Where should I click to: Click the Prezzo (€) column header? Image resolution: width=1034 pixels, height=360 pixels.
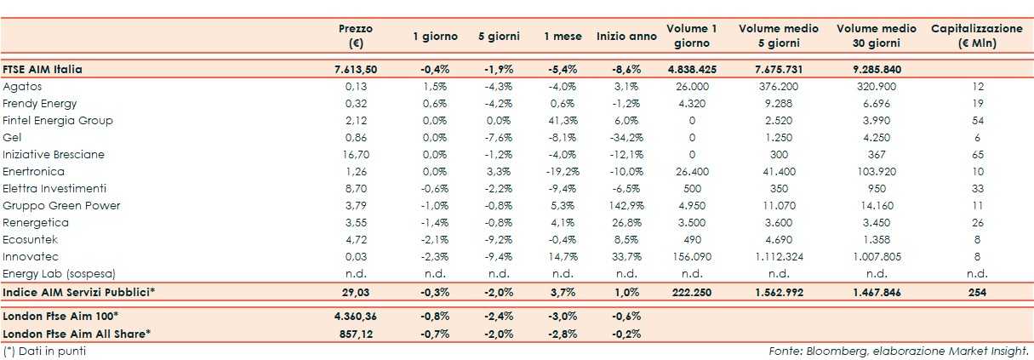355,36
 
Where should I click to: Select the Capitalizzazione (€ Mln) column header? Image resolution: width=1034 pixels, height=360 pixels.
976,36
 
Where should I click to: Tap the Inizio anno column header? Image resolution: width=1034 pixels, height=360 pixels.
626,37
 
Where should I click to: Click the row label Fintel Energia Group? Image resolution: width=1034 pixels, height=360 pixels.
58,120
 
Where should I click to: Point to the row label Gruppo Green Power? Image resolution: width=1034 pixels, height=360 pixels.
61,205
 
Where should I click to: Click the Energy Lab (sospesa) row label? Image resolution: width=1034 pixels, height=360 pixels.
59,273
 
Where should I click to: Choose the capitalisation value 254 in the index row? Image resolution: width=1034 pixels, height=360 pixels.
976,292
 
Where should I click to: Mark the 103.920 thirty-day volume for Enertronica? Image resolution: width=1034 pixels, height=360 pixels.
876,171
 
